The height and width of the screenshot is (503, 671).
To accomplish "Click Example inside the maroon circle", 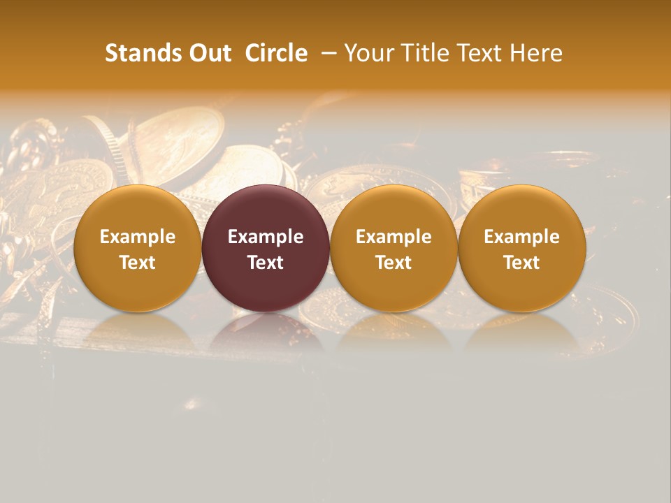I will point(266,237).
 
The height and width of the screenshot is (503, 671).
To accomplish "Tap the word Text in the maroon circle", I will point(266,263).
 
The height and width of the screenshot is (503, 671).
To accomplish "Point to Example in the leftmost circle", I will point(137,237).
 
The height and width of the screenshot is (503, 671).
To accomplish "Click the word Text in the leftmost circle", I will point(137,263).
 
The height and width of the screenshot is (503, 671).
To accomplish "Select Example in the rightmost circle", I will point(522,237).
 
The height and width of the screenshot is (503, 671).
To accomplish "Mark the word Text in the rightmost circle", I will point(522,263).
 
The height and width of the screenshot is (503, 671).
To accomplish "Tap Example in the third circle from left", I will point(394,237).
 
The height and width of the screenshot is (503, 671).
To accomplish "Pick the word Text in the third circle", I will point(394,263).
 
